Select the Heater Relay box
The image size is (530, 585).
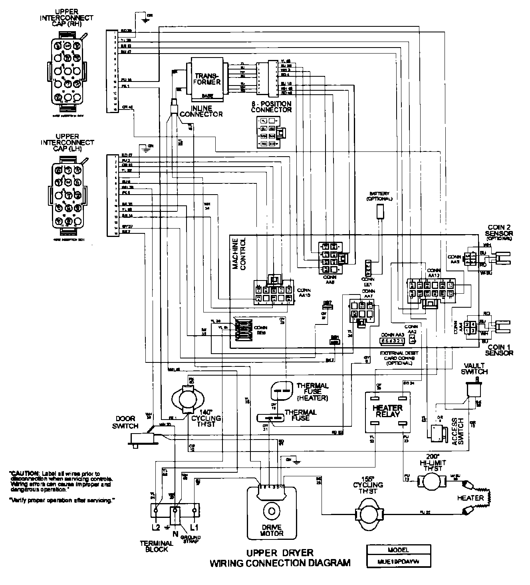(387, 412)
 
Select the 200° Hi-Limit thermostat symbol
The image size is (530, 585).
(431, 482)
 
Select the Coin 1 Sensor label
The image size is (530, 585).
(499, 350)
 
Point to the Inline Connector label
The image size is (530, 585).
(201, 111)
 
